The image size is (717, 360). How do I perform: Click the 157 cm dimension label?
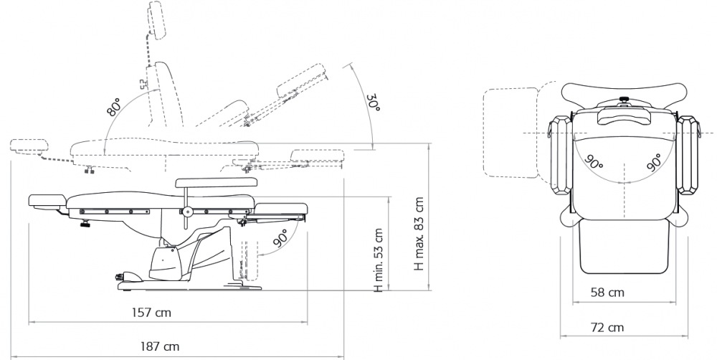click(151, 313)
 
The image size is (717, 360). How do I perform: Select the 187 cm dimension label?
click(160, 346)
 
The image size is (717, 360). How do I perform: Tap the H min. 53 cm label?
click(378, 260)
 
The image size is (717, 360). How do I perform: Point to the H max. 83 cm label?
click(419, 234)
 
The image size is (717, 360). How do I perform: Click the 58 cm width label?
click(607, 292)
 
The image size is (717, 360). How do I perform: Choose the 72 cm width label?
click(607, 327)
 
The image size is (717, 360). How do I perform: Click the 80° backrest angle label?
click(114, 106)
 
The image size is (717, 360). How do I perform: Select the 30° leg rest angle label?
click(374, 103)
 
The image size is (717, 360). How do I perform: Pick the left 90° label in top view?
click(594, 162)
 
